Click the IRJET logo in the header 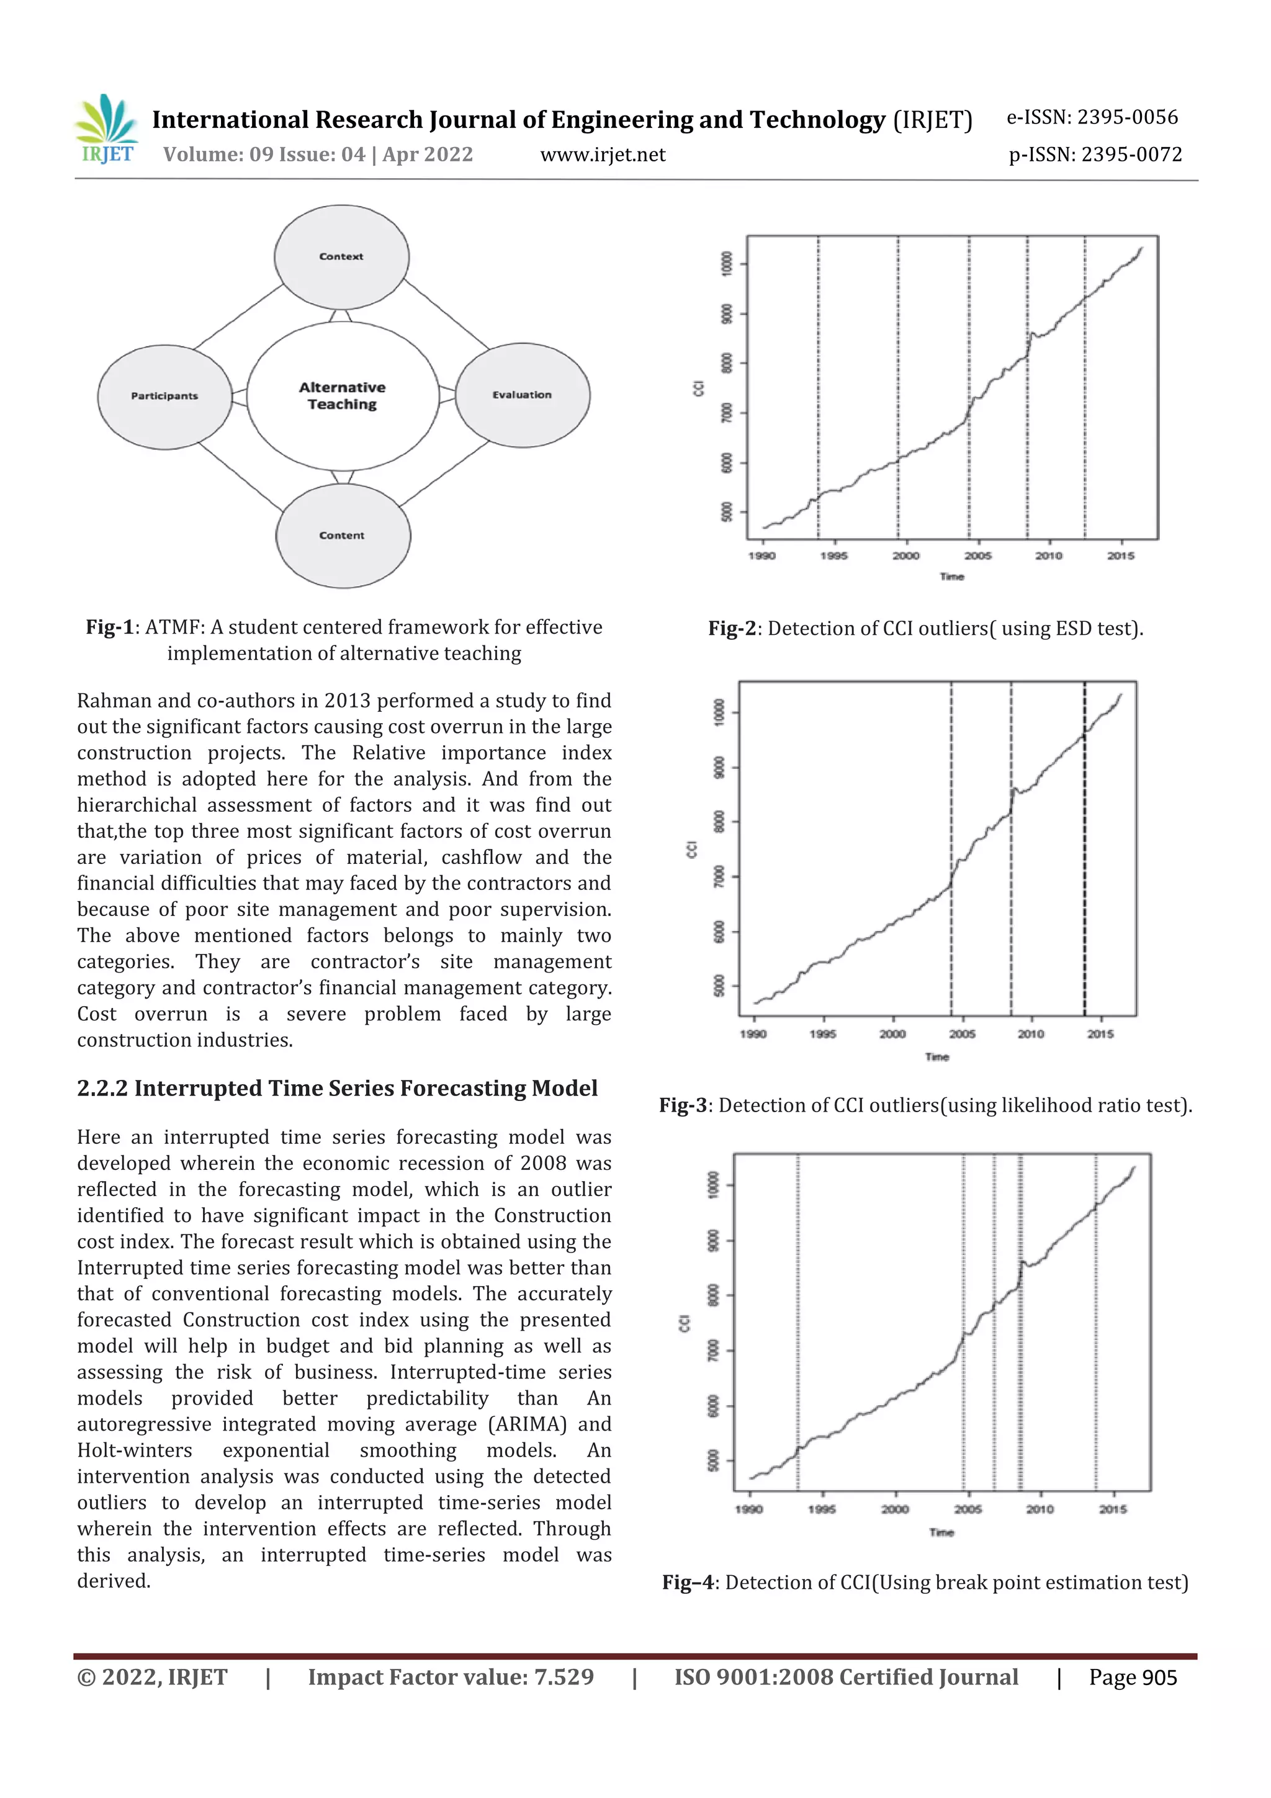click(x=107, y=129)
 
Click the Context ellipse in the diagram click(x=341, y=257)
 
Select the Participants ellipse click(x=164, y=396)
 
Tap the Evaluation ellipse click(x=523, y=395)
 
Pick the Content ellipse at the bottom click(x=342, y=536)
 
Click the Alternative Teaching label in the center click(x=342, y=396)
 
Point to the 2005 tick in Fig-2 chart click(x=977, y=555)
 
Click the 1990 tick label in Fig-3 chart click(x=753, y=1034)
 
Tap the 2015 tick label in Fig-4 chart click(x=1112, y=1509)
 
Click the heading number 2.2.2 click(x=102, y=1089)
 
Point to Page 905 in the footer click(x=1133, y=1678)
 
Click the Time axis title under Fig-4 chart click(x=941, y=1532)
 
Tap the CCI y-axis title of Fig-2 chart click(x=699, y=388)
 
